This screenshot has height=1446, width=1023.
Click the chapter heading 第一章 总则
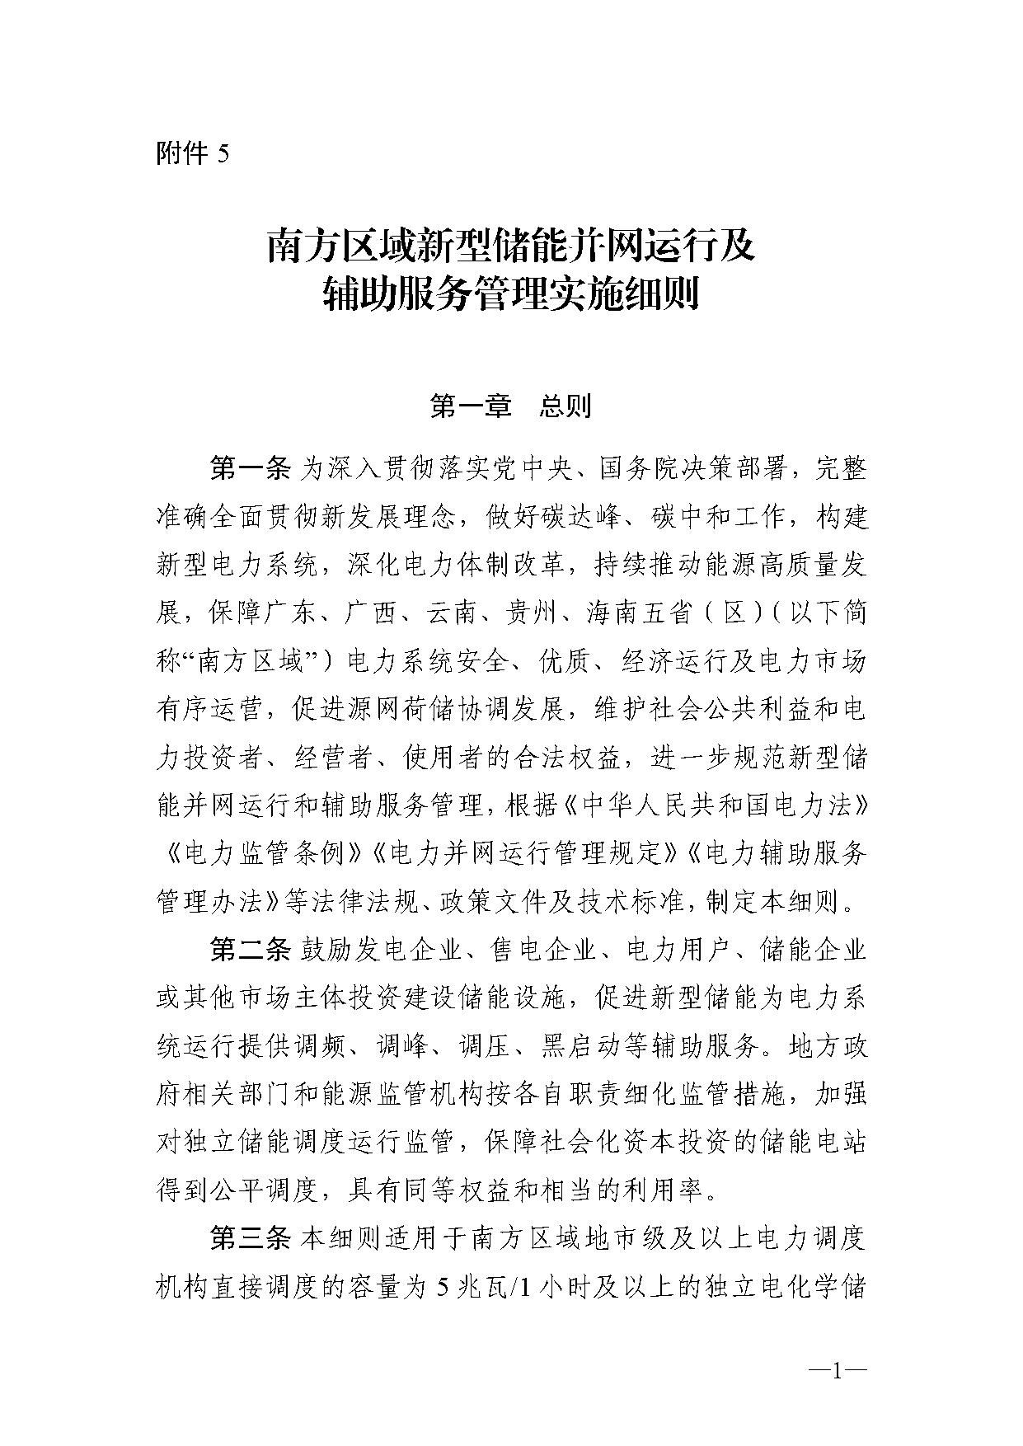510,406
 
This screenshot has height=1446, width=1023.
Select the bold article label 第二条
250,951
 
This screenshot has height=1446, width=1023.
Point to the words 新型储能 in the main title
481,247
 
